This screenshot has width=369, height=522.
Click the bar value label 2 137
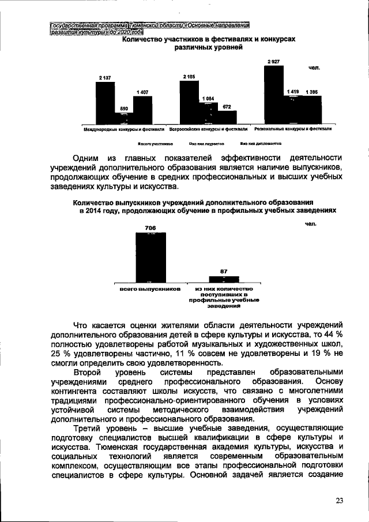(104, 77)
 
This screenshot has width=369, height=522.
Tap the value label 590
(123, 108)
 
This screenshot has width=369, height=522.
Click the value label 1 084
(208, 99)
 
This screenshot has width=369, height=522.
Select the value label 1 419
(293, 92)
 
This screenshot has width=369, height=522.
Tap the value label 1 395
(312, 92)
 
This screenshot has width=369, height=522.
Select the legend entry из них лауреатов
(206, 145)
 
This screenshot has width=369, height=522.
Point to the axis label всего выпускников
(150, 288)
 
